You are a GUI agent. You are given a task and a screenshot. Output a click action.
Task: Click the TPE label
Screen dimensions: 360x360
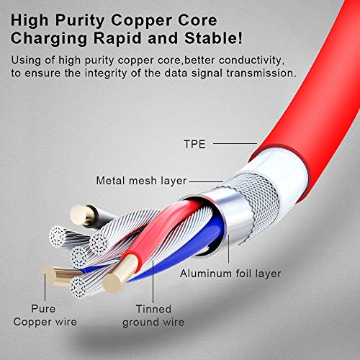194,144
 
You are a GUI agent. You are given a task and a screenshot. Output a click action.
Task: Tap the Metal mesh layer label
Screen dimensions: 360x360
141,181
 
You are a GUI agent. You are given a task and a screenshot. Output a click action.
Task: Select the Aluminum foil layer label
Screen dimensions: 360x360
230,274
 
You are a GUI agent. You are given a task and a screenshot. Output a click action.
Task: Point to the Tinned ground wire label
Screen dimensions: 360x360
153,315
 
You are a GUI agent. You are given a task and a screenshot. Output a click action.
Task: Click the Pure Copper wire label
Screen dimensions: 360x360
45,315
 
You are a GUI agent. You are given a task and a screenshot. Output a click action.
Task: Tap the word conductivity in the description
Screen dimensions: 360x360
251,60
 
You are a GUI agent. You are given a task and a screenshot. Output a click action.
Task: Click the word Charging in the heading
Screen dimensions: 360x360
49,38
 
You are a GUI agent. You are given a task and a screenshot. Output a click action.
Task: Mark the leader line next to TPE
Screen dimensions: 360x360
235,144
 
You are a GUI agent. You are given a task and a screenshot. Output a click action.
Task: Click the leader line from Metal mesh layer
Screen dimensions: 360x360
206,181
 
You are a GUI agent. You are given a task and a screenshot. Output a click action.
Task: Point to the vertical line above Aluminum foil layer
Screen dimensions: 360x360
228,249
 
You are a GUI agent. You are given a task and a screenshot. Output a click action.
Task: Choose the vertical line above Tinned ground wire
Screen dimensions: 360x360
153,282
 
